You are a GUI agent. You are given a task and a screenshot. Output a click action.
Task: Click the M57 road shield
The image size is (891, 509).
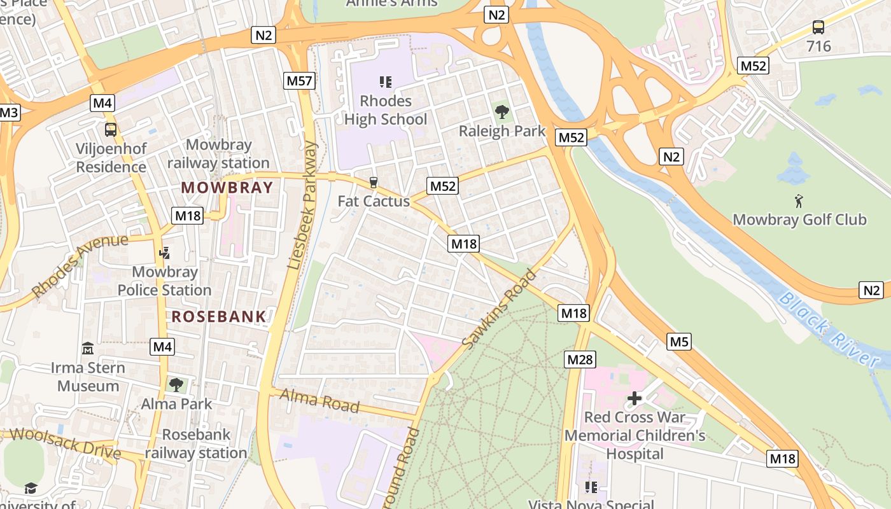pos(298,80)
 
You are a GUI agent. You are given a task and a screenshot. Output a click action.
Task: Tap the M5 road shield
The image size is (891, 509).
pos(679,342)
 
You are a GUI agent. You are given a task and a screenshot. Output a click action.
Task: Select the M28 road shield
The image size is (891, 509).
pos(579,359)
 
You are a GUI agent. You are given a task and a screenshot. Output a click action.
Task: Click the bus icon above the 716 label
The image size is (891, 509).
pos(818,27)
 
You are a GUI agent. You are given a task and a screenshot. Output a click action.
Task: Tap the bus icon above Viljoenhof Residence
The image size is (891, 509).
pos(111,130)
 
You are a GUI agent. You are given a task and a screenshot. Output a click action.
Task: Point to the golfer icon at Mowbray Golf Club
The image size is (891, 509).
pos(799,201)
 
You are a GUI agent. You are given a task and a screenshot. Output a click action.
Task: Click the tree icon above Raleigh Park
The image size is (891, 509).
pos(502,113)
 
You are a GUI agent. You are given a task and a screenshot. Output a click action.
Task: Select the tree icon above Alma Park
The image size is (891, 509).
pos(176,384)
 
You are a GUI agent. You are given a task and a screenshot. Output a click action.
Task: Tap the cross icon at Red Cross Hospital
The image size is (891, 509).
pos(634,399)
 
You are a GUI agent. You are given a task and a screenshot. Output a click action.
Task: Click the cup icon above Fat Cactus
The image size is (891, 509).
pos(373,183)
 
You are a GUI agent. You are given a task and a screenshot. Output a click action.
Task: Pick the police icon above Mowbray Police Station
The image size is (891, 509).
pos(165,253)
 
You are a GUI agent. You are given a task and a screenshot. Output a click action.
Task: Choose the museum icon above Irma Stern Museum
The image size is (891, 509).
pos(88,349)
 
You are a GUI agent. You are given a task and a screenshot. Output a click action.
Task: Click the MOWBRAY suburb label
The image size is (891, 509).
pos(227,188)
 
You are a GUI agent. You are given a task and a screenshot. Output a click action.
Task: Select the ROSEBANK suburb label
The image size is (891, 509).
pos(219,316)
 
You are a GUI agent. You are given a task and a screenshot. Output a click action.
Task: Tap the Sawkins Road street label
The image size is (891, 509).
pos(500,309)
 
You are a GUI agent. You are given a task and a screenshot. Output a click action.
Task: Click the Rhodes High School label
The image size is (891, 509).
pos(386,110)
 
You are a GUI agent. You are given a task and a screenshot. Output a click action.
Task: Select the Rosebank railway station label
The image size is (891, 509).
pos(196,444)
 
